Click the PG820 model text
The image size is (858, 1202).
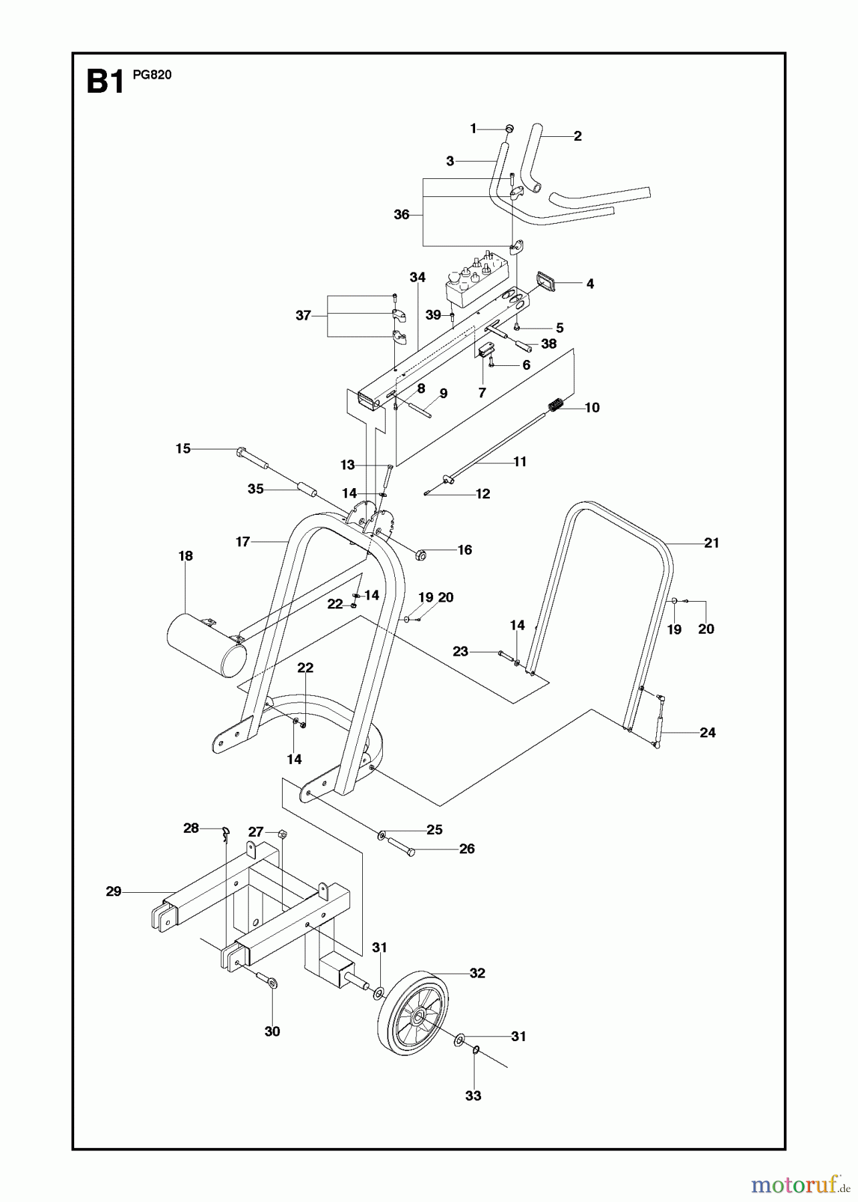pyautogui.click(x=152, y=75)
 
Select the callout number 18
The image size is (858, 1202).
pyautogui.click(x=185, y=556)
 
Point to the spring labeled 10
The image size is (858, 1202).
pyautogui.click(x=556, y=405)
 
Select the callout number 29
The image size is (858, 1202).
pyautogui.click(x=114, y=891)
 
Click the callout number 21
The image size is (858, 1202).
pyautogui.click(x=712, y=543)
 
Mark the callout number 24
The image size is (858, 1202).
pyautogui.click(x=707, y=733)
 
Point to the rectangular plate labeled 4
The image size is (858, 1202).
pyautogui.click(x=548, y=281)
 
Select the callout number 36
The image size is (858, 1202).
pyautogui.click(x=401, y=215)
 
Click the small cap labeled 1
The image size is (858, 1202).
pyautogui.click(x=509, y=128)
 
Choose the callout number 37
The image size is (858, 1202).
pyautogui.click(x=303, y=315)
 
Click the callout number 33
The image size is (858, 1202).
pyautogui.click(x=473, y=1096)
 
